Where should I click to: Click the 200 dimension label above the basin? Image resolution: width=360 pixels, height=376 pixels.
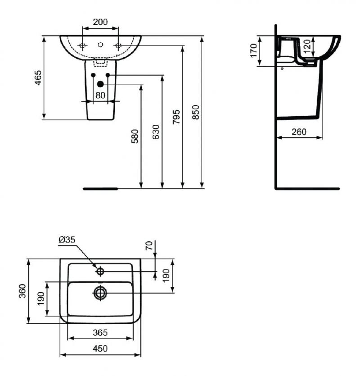[x=100, y=22]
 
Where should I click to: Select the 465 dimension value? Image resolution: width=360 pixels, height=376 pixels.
[x=38, y=78]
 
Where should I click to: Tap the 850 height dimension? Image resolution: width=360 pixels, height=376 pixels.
[x=196, y=112]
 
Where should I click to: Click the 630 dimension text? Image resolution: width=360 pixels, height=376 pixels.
[x=156, y=132]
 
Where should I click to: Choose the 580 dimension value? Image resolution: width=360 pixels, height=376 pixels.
[x=135, y=136]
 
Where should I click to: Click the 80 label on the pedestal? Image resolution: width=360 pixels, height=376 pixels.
[x=100, y=95]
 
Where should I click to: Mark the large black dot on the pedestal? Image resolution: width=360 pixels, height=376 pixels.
[x=100, y=84]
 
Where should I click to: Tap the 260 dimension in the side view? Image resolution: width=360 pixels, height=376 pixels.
[x=299, y=132]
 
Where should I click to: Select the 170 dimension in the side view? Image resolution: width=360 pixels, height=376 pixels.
[x=253, y=50]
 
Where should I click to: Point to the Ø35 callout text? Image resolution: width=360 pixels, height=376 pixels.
[x=67, y=240]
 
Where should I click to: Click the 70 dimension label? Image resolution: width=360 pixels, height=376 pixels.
[x=149, y=246]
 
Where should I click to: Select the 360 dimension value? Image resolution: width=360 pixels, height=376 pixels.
[x=22, y=291]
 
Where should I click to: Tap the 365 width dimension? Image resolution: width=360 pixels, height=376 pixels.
[x=100, y=333]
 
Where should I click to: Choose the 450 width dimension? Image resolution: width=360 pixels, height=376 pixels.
[x=100, y=349]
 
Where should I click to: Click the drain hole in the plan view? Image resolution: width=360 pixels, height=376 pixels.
[x=100, y=293]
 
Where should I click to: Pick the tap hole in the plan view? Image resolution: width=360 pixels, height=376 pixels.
[x=100, y=272]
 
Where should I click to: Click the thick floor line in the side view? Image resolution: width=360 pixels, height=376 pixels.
[x=307, y=189]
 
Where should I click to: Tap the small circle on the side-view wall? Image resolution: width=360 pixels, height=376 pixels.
[x=282, y=68]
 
